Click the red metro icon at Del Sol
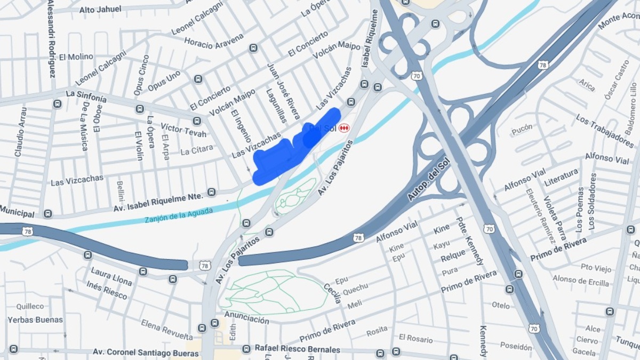click(345, 129)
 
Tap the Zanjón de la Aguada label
click(178, 215)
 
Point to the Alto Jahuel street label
click(100, 9)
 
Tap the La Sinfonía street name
click(86, 96)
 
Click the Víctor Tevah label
click(183, 130)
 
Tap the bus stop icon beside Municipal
click(48, 214)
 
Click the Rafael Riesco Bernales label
click(297, 349)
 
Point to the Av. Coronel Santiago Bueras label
click(139, 352)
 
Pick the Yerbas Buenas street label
click(35, 320)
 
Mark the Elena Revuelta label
click(167, 330)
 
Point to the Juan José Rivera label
click(283, 91)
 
